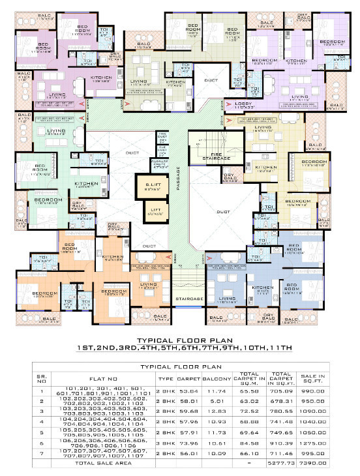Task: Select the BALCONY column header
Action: coord(218,376)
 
